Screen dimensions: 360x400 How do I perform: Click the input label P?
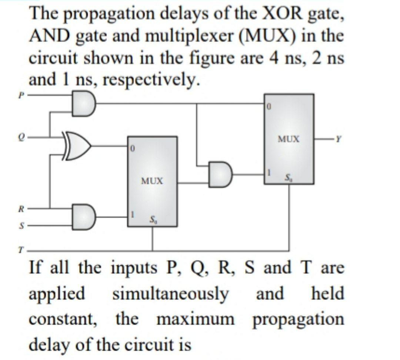[21, 95]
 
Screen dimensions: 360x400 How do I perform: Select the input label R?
[22, 209]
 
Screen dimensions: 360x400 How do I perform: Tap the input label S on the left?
[22, 224]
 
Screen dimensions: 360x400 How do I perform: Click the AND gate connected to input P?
[84, 103]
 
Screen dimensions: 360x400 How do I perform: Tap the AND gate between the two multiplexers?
[220, 174]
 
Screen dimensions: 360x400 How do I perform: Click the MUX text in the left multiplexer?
[152, 181]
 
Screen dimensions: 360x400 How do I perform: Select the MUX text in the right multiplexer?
[289, 139]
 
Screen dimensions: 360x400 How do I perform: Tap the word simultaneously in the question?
[171, 294]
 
